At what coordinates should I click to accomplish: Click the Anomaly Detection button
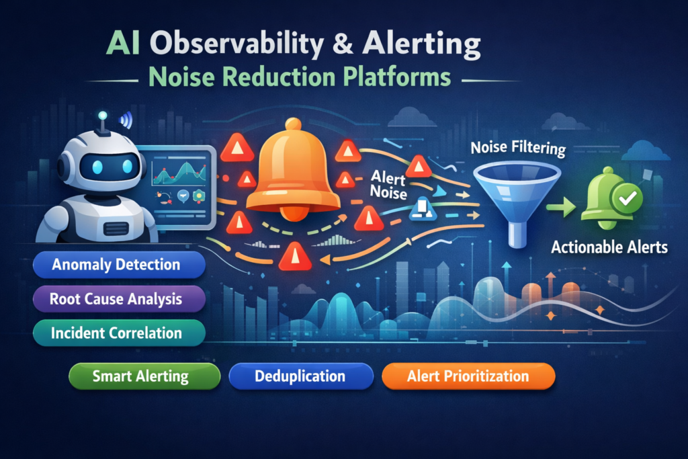[x=118, y=265]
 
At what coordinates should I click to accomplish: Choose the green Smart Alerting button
[x=144, y=376]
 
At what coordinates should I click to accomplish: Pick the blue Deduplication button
[x=300, y=376]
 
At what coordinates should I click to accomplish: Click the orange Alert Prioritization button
[x=468, y=376]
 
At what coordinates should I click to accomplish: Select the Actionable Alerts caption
[x=609, y=247]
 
